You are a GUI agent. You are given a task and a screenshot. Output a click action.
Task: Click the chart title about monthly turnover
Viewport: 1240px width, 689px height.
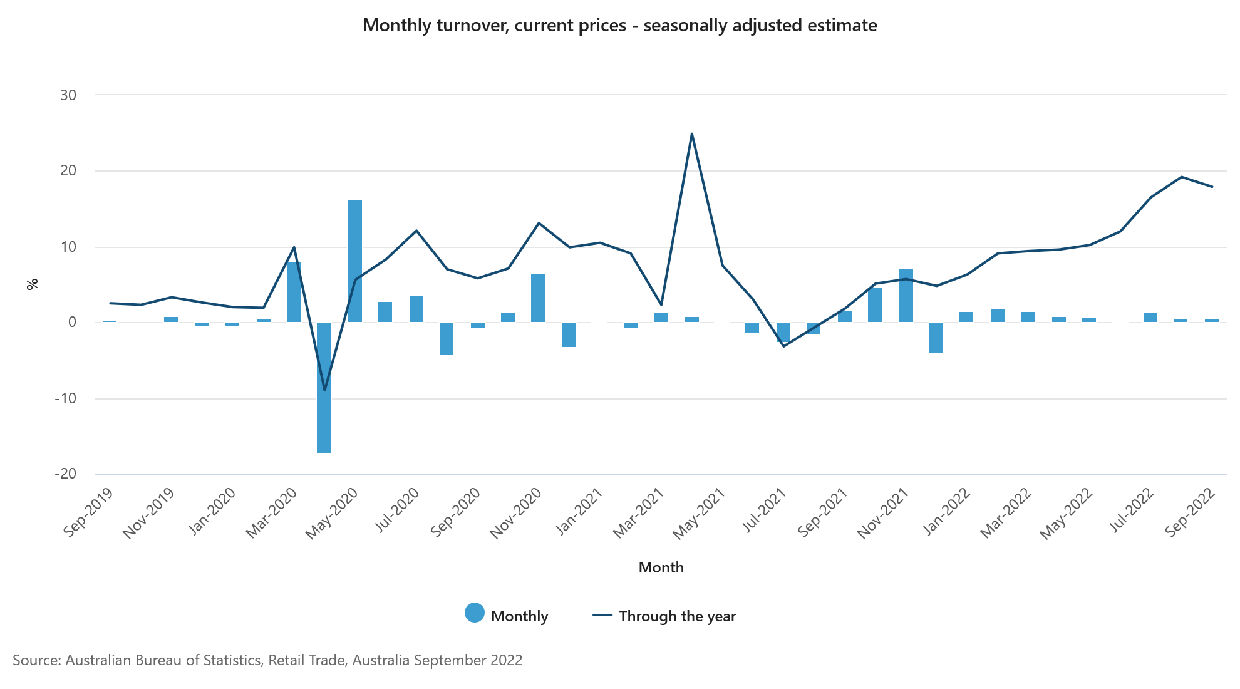tap(619, 25)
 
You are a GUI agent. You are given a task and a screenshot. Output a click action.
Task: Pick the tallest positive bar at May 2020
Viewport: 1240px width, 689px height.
tap(355, 261)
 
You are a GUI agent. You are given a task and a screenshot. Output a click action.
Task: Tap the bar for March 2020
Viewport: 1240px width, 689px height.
tap(293, 292)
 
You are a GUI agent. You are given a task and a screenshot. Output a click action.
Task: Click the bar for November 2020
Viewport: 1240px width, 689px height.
tap(538, 298)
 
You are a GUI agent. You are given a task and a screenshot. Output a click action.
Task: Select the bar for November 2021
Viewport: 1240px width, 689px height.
tap(906, 296)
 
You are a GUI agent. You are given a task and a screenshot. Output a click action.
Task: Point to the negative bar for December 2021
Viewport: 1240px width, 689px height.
tap(936, 338)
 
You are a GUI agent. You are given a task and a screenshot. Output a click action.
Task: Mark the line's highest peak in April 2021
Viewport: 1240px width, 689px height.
tap(691, 133)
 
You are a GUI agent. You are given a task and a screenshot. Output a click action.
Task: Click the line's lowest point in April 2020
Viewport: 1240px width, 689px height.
tap(324, 390)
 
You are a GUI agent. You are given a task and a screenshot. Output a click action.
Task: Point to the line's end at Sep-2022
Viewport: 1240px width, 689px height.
tap(1212, 187)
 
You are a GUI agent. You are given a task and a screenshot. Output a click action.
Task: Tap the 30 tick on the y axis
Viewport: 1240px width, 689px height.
tap(68, 95)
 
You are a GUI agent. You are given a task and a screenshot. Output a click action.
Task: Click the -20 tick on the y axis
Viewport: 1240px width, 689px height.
tap(66, 474)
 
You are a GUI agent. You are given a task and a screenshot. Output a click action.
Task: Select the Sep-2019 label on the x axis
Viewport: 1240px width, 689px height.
tap(88, 512)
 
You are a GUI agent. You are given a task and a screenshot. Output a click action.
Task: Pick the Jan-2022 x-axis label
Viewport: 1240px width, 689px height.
tap(946, 512)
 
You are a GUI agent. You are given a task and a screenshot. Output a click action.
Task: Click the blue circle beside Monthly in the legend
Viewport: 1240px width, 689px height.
tap(475, 613)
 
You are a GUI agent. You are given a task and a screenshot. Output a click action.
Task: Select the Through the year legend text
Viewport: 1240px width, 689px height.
tap(677, 616)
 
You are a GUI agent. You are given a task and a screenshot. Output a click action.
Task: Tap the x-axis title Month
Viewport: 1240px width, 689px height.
tap(661, 567)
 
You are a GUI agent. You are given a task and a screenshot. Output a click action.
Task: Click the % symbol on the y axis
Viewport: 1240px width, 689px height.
tap(33, 284)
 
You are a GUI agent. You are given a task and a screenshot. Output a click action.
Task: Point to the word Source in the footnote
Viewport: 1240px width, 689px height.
tap(35, 660)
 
